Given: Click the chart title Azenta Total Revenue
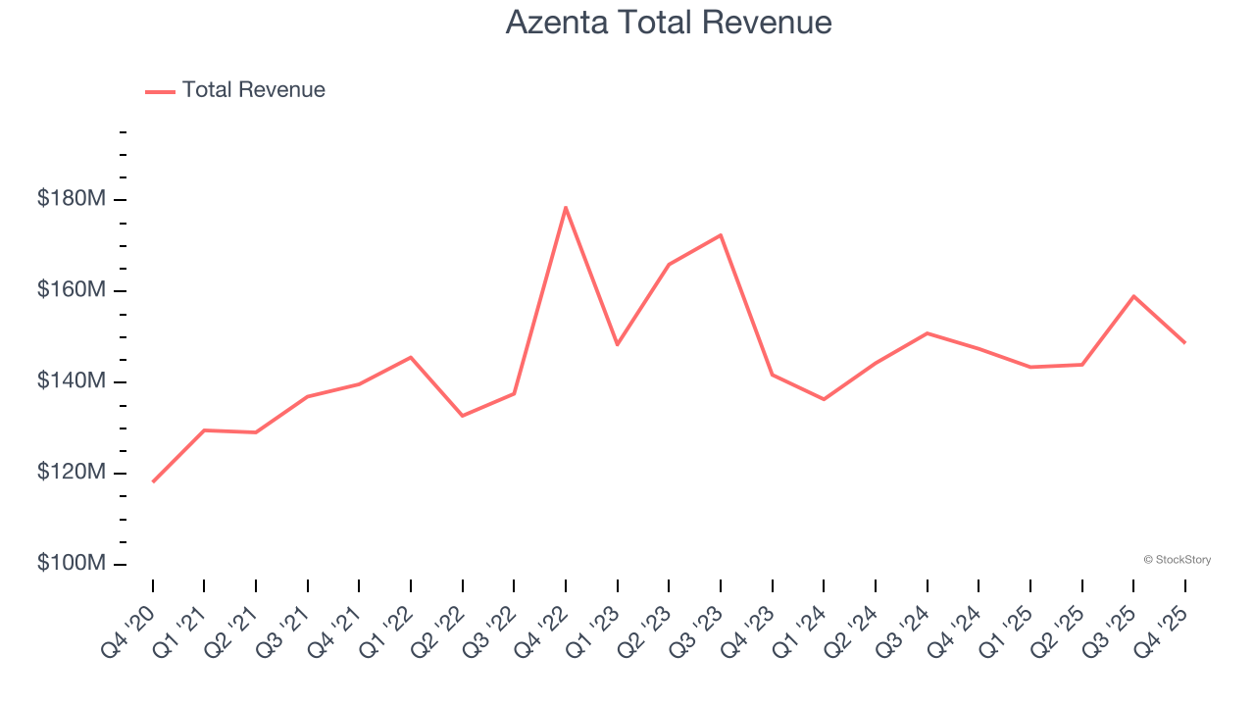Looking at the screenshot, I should pos(669,22).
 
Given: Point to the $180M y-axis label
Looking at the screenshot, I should pos(71,199).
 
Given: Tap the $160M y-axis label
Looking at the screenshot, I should pos(71,290).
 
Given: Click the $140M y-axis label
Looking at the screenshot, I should pos(71,381).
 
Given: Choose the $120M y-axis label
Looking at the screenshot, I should pos(71,473).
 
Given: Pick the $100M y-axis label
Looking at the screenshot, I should pos(71,564).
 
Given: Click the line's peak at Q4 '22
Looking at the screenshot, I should pos(566,207).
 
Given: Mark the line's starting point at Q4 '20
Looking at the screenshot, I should pos(153,481).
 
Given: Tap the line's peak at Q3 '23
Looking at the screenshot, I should pos(721,235).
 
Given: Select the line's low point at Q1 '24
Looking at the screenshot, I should pos(824,399).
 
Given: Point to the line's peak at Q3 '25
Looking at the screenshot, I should pos(1133,296).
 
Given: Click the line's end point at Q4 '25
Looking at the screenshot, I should pos(1184,342).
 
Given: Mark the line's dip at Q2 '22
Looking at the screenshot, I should pos(463,416).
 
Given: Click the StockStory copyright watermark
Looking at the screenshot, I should pos(1177,560).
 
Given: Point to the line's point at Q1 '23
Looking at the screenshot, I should pos(618,344).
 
